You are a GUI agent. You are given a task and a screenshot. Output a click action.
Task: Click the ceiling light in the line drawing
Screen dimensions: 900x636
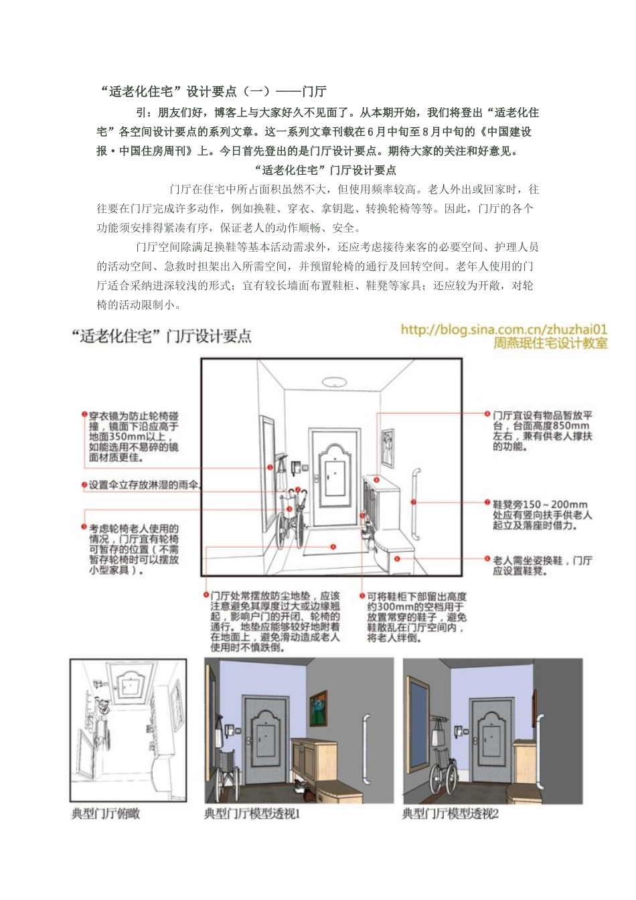pos(331,382)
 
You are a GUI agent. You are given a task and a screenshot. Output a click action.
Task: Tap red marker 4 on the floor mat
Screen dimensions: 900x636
pos(333,547)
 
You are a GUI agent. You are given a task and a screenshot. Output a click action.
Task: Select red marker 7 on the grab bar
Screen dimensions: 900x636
pos(413,502)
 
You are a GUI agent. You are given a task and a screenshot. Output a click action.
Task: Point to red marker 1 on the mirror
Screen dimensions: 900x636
pos(270,467)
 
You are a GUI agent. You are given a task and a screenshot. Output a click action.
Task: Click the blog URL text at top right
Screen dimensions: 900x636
pos(503,329)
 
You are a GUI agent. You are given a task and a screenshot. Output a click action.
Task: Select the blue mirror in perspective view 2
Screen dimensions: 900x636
pos(418,710)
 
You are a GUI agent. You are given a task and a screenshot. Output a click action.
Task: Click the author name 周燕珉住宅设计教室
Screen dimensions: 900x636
pos(550,343)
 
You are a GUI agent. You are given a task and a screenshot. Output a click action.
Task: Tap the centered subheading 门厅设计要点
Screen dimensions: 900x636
pos(326,170)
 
